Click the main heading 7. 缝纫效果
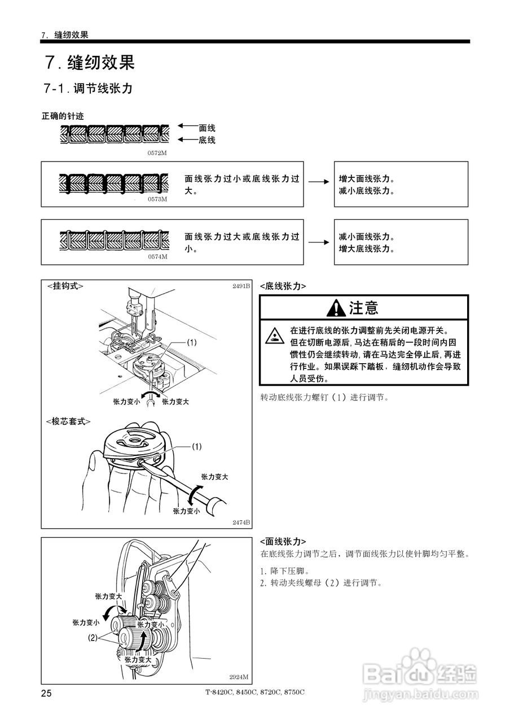[90, 63]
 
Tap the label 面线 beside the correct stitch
[207, 128]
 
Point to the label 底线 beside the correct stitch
[207, 140]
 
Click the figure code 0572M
[157, 153]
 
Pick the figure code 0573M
[157, 199]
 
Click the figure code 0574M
[157, 256]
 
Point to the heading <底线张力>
[283, 286]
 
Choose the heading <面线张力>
[283, 541]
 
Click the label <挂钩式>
[65, 286]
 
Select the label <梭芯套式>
[68, 421]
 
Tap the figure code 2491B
[241, 286]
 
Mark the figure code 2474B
[241, 522]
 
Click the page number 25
[46, 693]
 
